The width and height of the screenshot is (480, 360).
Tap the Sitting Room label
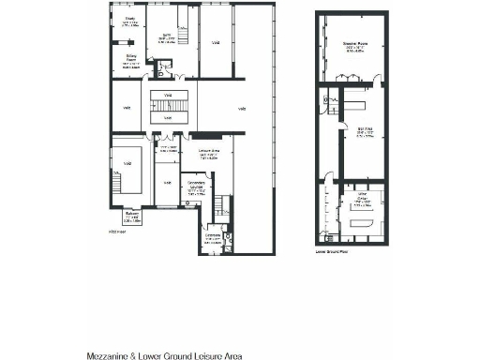click(x=131, y=63)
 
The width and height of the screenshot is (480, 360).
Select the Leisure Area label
click(x=208, y=153)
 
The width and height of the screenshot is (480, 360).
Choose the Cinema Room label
click(x=354, y=45)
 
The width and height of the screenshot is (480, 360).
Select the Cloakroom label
click(x=212, y=237)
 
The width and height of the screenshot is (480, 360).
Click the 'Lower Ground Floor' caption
click(x=331, y=253)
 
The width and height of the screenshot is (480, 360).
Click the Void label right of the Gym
click(x=215, y=42)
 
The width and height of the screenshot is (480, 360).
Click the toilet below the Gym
click(x=167, y=67)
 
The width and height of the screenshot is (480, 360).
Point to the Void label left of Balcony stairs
click(x=127, y=163)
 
